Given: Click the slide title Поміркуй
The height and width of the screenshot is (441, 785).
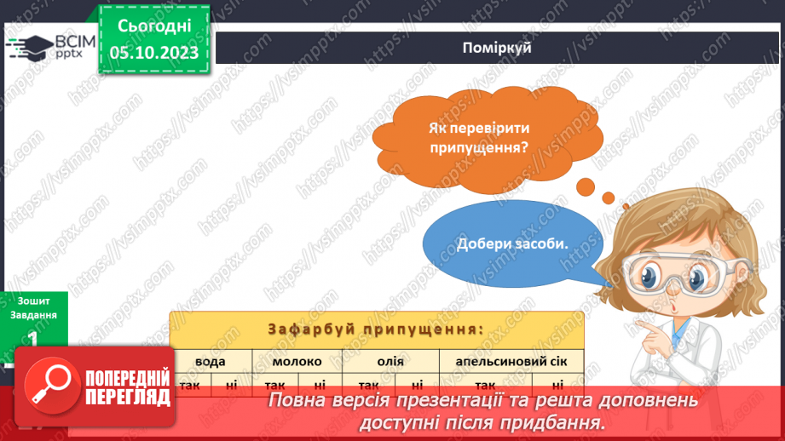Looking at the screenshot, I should pos(499,48).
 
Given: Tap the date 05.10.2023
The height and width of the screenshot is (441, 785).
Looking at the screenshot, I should pos(154,53).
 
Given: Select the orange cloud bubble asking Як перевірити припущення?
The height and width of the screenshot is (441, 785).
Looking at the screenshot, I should pos(479,137).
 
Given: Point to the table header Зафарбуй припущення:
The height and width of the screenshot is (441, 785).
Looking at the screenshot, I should pos(376,329).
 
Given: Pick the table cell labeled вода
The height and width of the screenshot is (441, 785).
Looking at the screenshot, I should pos(211,361).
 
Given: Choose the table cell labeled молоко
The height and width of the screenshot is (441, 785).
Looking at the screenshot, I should pos(296,361).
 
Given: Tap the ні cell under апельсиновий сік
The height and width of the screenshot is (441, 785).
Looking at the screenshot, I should pos(557,384).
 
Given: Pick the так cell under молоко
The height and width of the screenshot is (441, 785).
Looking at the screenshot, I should pos(274,384).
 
